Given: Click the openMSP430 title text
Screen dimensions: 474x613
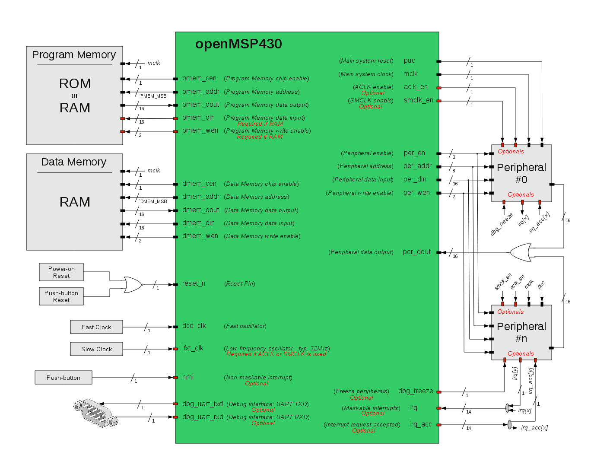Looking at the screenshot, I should [x=238, y=44].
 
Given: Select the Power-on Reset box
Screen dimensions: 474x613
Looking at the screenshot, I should [x=61, y=272].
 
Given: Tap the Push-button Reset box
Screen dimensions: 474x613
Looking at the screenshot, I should [x=61, y=296].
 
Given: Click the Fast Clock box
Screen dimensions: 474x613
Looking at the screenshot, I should [x=96, y=327].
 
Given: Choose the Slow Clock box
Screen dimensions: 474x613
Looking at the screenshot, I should [x=96, y=349].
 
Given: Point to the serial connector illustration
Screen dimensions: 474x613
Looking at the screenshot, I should [x=95, y=413].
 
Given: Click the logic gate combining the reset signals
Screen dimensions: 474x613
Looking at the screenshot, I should [x=132, y=285].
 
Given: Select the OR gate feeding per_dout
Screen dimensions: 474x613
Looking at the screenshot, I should [x=521, y=252].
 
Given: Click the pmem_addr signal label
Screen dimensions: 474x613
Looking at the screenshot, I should [x=201, y=92].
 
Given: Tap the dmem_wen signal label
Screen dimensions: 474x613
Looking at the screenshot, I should [x=200, y=236].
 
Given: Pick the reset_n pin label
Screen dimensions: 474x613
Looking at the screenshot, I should [x=194, y=283].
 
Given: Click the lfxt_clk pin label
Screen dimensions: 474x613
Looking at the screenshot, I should [x=193, y=348].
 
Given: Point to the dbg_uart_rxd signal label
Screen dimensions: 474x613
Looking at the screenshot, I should [x=203, y=417].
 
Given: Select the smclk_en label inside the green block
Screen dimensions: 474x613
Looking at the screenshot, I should [x=418, y=100].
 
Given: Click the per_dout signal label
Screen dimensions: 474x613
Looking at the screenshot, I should [x=416, y=252].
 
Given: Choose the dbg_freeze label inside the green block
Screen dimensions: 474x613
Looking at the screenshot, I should [x=415, y=391].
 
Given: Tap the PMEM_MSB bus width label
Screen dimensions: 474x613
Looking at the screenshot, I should [x=153, y=96].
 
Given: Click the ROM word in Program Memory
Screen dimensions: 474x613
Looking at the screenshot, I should [x=75, y=83].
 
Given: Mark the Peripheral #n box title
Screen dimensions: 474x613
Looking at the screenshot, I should [x=521, y=332].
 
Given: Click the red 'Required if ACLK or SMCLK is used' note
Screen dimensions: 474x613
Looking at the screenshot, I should [x=276, y=354].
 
